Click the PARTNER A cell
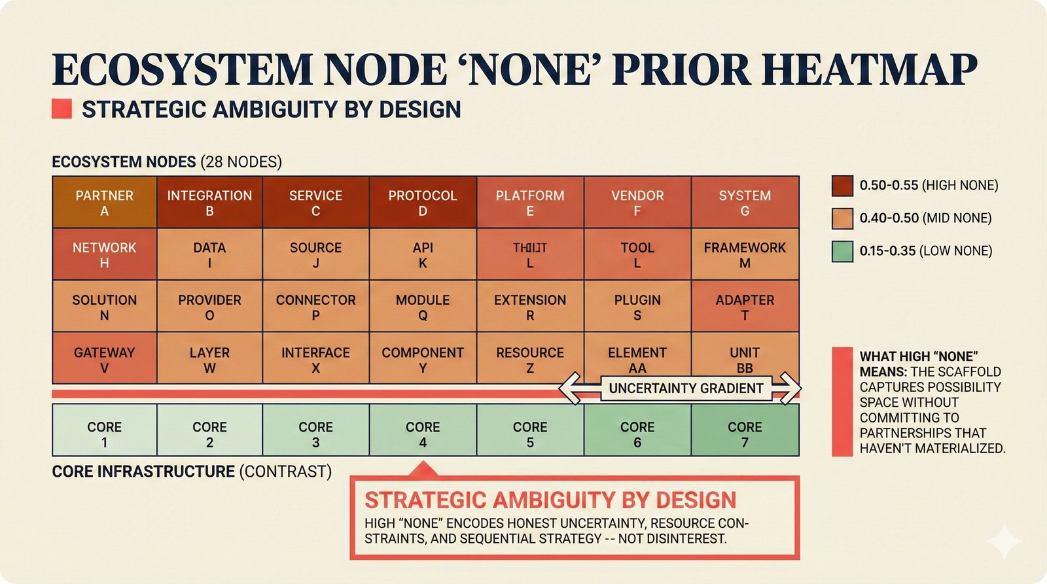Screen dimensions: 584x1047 pos(104,203)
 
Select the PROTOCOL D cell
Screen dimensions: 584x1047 pos(423,203)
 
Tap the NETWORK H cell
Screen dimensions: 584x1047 pos(104,255)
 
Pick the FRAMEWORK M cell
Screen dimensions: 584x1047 pos(745,255)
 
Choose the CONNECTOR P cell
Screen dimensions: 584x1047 pos(315,307)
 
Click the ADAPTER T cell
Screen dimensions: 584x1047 pos(745,307)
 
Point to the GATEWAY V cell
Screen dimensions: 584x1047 pos(104,359)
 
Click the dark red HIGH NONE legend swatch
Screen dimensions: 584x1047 pos(842,186)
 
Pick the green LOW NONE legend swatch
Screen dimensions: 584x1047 pos(842,251)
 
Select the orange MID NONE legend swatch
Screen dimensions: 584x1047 pos(842,218)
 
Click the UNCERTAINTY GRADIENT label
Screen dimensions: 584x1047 pos(686,388)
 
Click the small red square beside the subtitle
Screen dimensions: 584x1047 pos(62,109)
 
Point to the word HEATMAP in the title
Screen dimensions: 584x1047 pos(870,69)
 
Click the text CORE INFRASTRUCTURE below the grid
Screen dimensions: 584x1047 pos(143,472)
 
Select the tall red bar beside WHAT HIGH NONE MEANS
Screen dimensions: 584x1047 pos(842,402)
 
